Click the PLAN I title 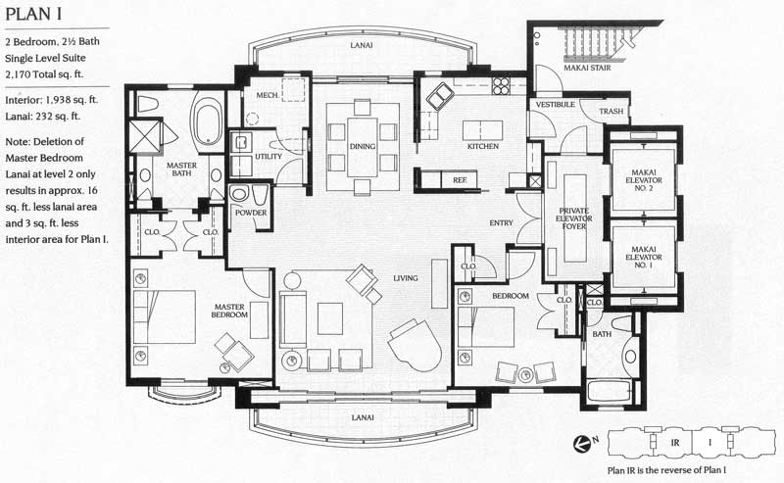click(33, 14)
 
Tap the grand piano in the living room click(415, 344)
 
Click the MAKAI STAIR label click(587, 68)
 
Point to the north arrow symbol click(582, 442)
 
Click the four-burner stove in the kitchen click(500, 86)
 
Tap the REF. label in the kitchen click(460, 180)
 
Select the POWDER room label click(251, 213)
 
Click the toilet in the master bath click(148, 104)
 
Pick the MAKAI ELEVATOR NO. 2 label click(643, 180)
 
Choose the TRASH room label click(611, 111)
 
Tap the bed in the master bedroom click(164, 317)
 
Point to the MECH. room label click(268, 95)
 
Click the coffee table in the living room click(330, 318)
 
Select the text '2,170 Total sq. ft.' click(44, 74)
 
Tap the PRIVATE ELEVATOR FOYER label click(573, 218)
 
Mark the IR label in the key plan click(675, 443)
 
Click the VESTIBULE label click(555, 105)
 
